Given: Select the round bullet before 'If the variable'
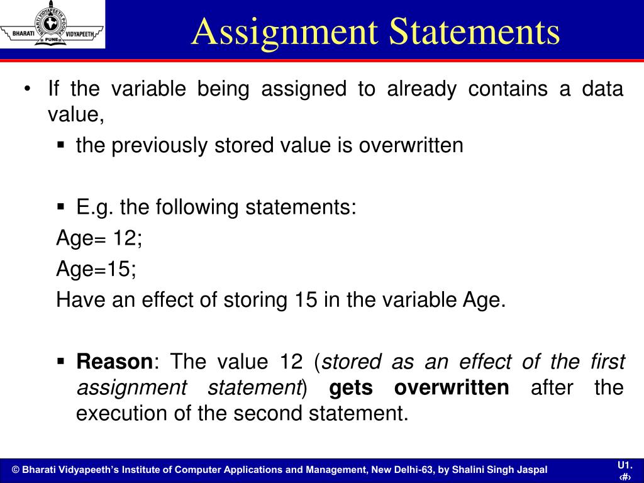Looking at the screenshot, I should pyautogui.click(x=27, y=89).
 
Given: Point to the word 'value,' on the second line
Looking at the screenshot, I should pyautogui.click(x=75, y=114).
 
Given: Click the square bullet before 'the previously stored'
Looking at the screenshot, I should pyautogui.click(x=61, y=145).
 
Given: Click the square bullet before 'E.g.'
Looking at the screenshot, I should pyautogui.click(x=61, y=206).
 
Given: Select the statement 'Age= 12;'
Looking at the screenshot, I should pyautogui.click(x=99, y=238).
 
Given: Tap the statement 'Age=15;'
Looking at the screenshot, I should pyautogui.click(x=96, y=269).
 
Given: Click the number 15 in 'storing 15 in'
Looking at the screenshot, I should pyautogui.click(x=306, y=299).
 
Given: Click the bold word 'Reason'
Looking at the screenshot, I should pyautogui.click(x=114, y=362).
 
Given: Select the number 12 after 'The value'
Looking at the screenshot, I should pyautogui.click(x=292, y=362).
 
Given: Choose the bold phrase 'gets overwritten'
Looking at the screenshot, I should pyautogui.click(x=419, y=387).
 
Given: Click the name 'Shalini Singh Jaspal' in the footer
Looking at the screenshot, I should pyautogui.click(x=500, y=470).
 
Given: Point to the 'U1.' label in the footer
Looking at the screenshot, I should pyautogui.click(x=624, y=465).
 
